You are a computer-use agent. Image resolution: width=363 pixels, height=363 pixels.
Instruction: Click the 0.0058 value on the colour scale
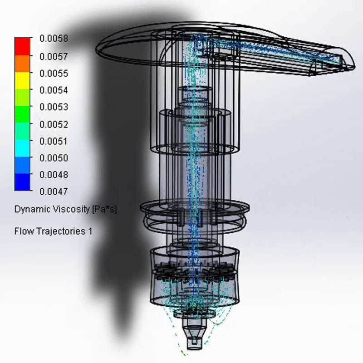coord(54,38)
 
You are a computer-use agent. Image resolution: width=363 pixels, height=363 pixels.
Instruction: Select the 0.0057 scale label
coord(54,56)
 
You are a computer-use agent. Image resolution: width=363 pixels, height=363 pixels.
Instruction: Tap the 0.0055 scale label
coord(54,74)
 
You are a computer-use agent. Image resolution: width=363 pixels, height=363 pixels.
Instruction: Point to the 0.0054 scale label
coord(54,90)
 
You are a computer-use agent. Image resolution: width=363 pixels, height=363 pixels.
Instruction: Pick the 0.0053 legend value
coord(54,107)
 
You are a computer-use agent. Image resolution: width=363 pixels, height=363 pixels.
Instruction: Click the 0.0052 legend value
coord(54,124)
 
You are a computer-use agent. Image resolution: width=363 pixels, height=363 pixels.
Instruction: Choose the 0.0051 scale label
coord(54,141)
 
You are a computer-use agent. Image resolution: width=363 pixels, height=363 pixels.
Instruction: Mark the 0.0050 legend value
coord(54,158)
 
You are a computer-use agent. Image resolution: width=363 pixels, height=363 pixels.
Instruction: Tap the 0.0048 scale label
coord(54,175)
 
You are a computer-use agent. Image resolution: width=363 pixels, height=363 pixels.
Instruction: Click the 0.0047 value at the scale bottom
coord(54,191)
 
